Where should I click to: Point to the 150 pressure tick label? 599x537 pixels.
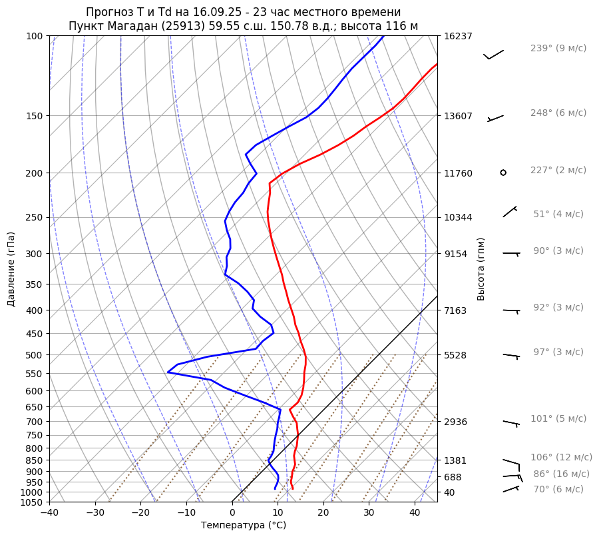pyautogui.click(x=35, y=116)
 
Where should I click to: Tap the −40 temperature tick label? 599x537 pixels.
pyautogui.click(x=49, y=513)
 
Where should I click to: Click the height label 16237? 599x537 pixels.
pyautogui.click(x=457, y=36)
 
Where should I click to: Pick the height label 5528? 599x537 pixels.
pyautogui.click(x=455, y=355)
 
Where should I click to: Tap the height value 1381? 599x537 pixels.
pyautogui.click(x=455, y=460)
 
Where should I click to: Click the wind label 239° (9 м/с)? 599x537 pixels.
pyautogui.click(x=558, y=48)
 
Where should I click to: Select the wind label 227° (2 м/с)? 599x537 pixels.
pyautogui.click(x=558, y=170)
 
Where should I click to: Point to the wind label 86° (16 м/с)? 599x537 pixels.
pyautogui.click(x=561, y=474)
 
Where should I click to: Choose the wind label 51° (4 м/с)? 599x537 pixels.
pyautogui.click(x=558, y=214)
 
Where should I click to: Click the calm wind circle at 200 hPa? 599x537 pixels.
pyautogui.click(x=503, y=173)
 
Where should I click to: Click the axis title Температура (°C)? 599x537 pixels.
pyautogui.click(x=244, y=525)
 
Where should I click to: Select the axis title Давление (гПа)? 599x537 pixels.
pyautogui.click(x=11, y=269)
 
